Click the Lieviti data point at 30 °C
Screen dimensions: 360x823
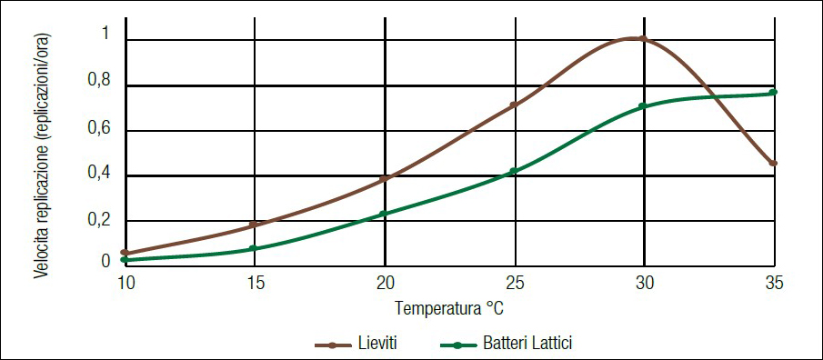tap(643, 39)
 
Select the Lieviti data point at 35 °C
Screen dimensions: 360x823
tap(773, 164)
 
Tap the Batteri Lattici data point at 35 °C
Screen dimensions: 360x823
tap(773, 92)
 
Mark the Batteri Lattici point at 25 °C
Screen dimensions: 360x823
tap(514, 171)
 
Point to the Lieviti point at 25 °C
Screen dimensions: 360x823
tap(514, 105)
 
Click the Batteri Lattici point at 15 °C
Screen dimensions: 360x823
tap(254, 248)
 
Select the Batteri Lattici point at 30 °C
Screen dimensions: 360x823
tap(642, 106)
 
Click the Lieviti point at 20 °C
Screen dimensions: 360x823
tap(384, 179)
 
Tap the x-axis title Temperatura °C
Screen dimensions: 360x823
tap(449, 309)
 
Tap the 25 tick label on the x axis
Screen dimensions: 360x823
tap(515, 283)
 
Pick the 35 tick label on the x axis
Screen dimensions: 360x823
tap(774, 283)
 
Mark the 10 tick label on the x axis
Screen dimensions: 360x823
tap(125, 283)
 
